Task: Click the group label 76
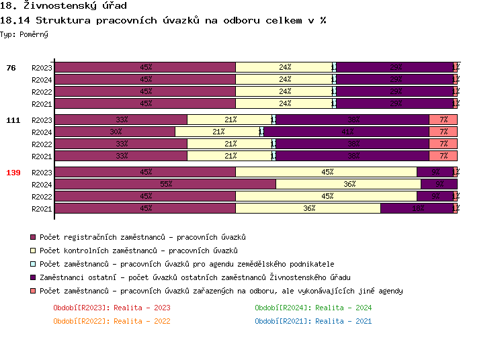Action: point(11,68)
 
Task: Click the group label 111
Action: point(13,120)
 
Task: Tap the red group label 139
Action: point(13,173)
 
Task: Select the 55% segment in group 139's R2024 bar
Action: point(165,184)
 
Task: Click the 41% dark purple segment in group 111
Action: point(347,132)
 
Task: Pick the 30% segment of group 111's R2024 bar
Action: point(115,132)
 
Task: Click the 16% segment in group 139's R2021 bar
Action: point(417,208)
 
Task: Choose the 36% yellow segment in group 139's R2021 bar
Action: point(308,208)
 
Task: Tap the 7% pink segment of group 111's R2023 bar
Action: point(444,120)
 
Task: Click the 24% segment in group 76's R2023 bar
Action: point(284,67)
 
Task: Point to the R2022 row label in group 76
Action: point(42,92)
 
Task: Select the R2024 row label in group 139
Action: point(42,185)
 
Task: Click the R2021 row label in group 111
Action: point(42,156)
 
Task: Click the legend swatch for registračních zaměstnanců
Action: point(32,238)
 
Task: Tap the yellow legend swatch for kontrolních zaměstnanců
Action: point(32,251)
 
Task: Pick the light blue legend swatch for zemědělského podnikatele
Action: point(32,265)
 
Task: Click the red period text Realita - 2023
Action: point(112,308)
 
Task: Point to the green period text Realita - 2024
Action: point(313,308)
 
